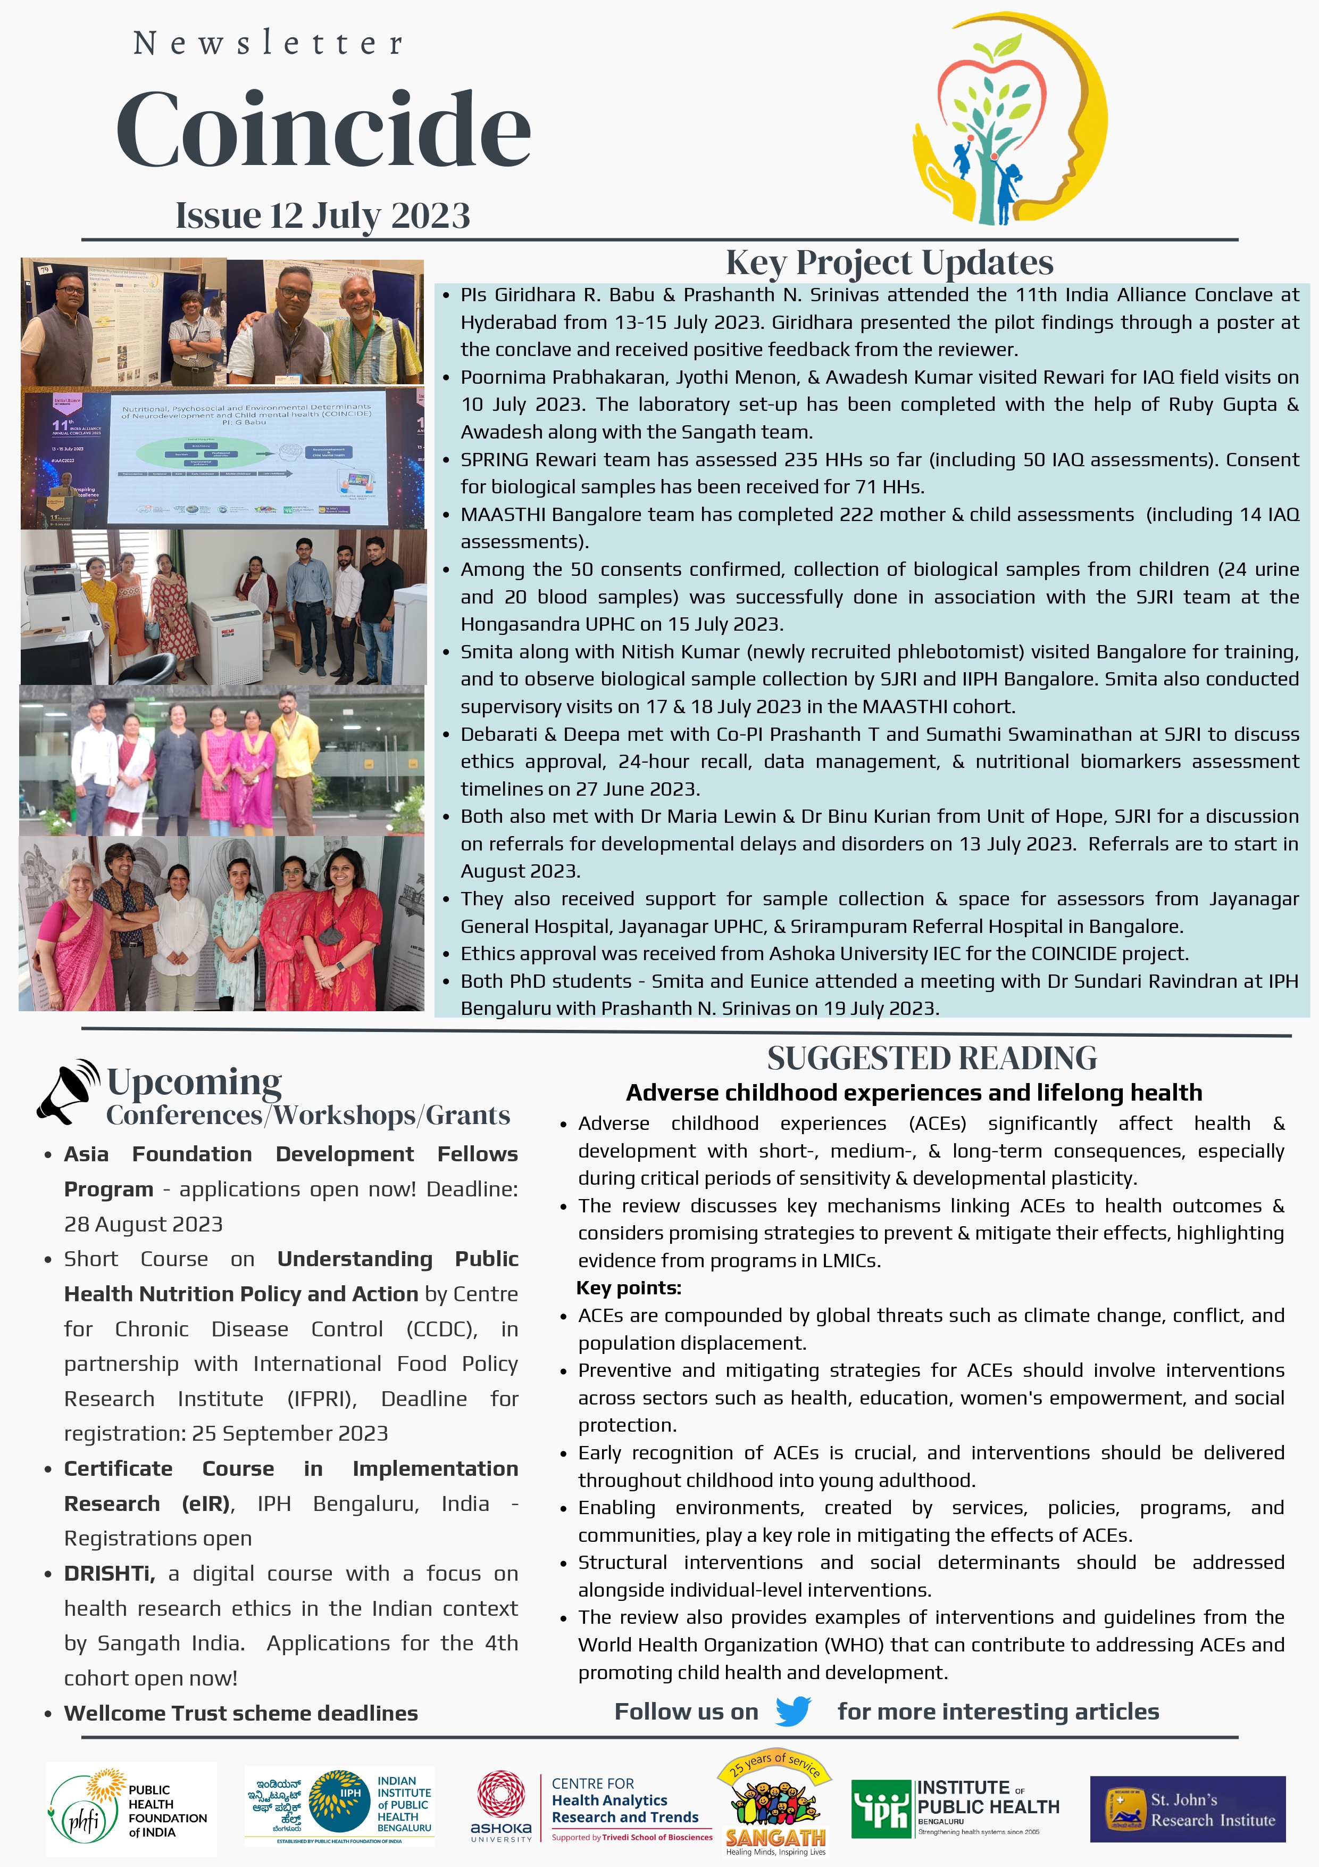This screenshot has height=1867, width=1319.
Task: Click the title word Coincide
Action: click(x=323, y=130)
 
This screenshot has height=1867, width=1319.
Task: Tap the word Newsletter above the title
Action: click(x=268, y=43)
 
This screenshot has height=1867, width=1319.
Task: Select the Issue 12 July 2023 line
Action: click(x=323, y=216)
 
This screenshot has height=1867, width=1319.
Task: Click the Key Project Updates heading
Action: click(x=889, y=263)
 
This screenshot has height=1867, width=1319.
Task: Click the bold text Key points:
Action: click(x=628, y=1287)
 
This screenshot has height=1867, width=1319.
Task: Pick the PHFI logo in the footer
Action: click(x=130, y=1810)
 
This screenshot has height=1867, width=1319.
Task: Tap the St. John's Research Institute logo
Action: click(x=1187, y=1810)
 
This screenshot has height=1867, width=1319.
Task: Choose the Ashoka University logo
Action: click(x=500, y=1806)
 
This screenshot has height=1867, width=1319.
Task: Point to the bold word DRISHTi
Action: click(x=109, y=1573)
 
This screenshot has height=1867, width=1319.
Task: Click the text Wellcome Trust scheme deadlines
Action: click(x=240, y=1713)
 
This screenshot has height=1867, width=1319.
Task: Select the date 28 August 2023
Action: click(x=143, y=1224)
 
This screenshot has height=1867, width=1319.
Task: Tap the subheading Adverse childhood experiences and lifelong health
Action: click(x=914, y=1092)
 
